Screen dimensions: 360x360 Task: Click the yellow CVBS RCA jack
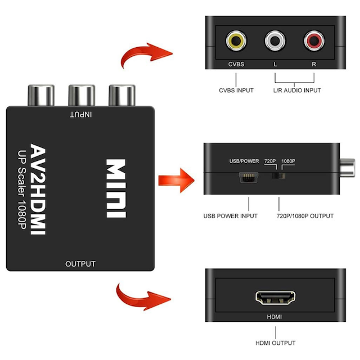(235, 41)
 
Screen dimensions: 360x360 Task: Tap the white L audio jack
(275, 41)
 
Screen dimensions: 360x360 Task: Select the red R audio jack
(313, 41)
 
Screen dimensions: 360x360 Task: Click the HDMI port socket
(274, 298)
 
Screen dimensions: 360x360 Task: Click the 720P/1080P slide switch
(278, 177)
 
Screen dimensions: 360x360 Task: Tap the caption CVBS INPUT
(236, 90)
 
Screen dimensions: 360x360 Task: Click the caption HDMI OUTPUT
(274, 343)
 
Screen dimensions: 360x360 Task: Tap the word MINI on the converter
(116, 189)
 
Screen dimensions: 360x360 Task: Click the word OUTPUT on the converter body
(80, 264)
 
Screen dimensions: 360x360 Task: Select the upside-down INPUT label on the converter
(81, 114)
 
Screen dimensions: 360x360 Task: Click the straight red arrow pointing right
(175, 181)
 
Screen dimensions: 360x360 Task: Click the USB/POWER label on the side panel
(244, 161)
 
